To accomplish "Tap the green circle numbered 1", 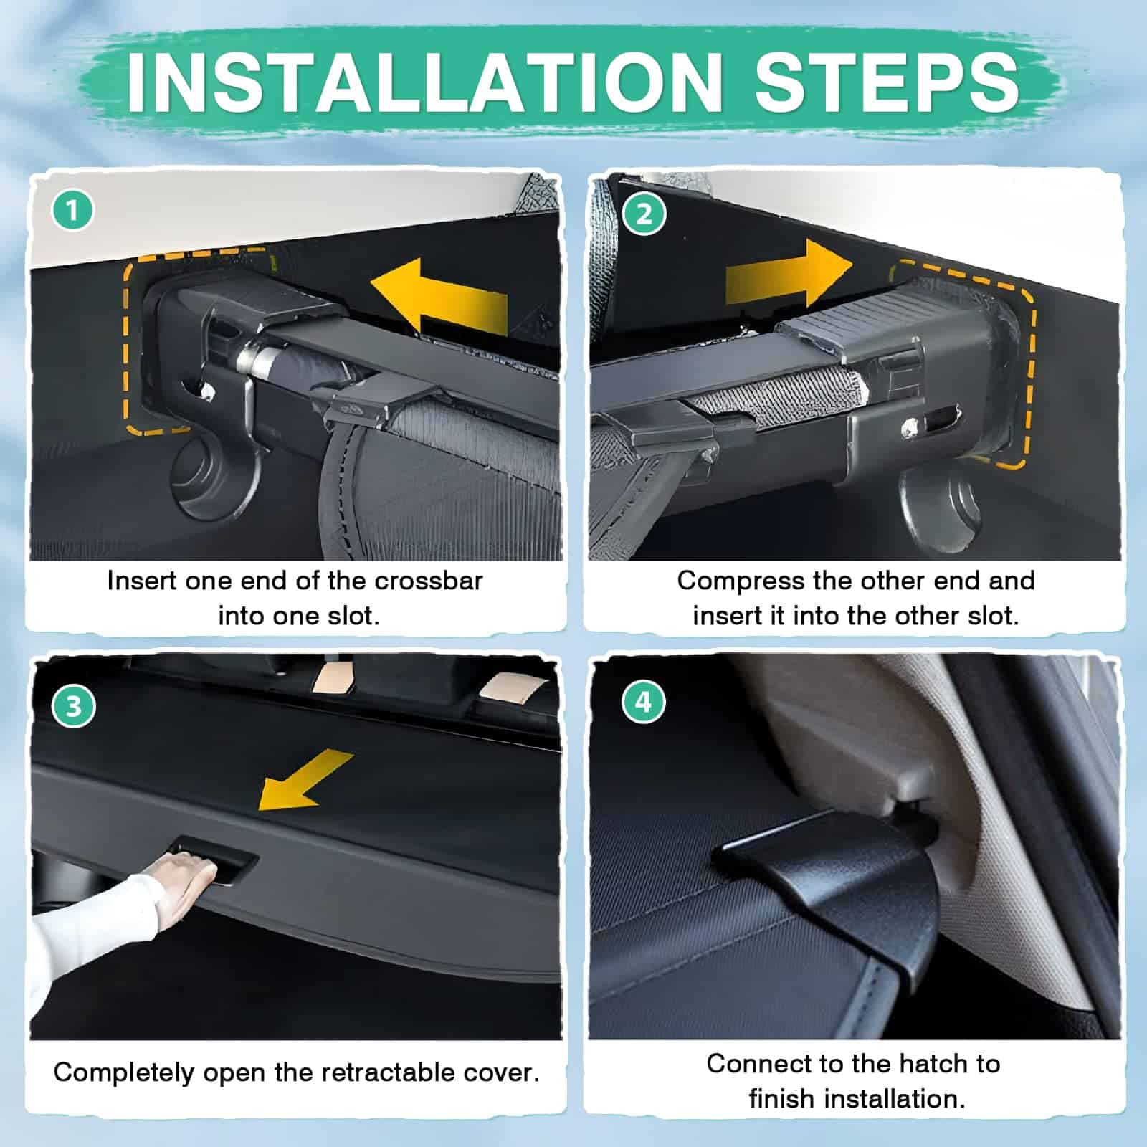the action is coord(73,211).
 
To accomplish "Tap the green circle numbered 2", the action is coord(644,214).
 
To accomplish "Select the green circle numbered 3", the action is coord(73,706).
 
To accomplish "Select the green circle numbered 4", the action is coord(644,702).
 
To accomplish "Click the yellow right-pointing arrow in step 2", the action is coord(789,275).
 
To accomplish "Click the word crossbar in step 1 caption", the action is coord(429,581).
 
